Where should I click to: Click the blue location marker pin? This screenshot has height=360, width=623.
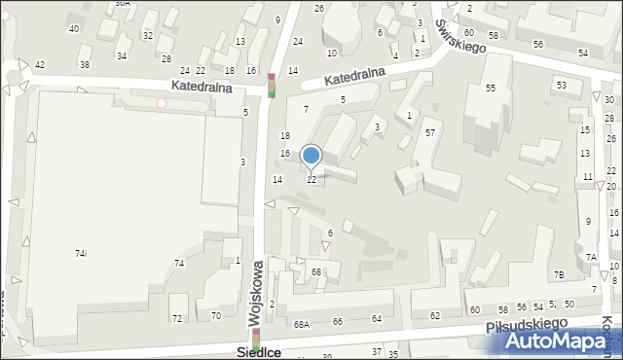tap(311, 155)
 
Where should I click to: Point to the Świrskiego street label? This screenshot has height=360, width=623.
tap(461, 37)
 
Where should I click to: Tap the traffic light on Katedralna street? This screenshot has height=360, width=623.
tap(272, 86)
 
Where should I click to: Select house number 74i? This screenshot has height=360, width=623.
tap(81, 253)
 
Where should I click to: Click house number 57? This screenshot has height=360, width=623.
tap(429, 132)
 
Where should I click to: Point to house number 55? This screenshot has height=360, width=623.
tap(491, 89)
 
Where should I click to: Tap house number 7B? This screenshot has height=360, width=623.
tap(559, 275)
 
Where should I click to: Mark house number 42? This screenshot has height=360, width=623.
tap(40, 64)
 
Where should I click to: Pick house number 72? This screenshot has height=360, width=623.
tap(177, 318)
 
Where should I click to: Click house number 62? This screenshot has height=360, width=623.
tap(435, 315)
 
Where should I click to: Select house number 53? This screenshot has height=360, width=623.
tap(562, 86)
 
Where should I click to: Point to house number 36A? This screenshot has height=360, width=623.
tap(122, 4)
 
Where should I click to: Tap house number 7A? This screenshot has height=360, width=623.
tap(591, 257)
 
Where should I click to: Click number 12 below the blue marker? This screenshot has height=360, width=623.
tap(311, 180)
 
